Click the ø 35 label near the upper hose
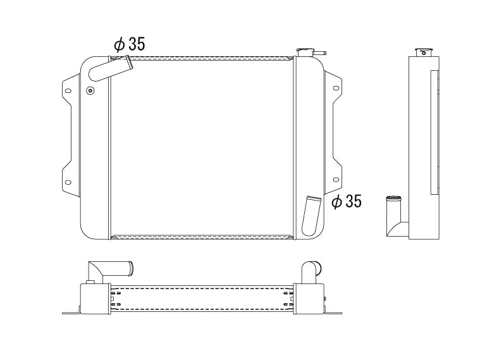click(129, 44)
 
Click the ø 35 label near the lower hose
click(347, 201)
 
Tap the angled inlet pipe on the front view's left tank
click(110, 69)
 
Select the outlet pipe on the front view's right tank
click(311, 216)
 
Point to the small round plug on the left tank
click(90, 90)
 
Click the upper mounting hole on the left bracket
click(68, 91)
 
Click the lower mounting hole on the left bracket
click(68, 182)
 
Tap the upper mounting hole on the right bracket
click(336, 88)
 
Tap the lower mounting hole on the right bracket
click(336, 180)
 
